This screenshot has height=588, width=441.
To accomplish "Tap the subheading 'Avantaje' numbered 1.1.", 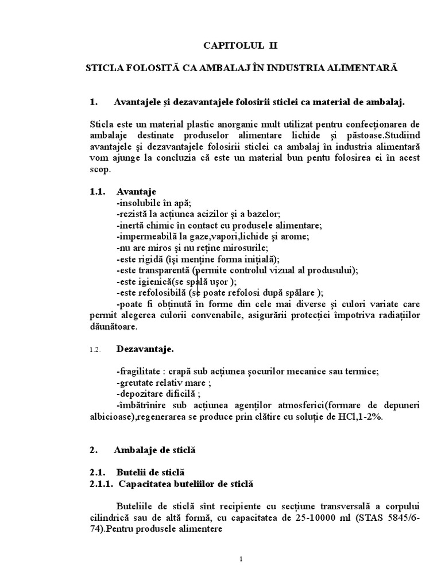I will (136, 191).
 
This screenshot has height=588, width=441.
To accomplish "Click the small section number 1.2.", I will (95, 349).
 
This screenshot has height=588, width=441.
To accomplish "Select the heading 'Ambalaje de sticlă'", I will (154, 451).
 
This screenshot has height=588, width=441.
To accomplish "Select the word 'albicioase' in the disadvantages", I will (112, 417).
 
